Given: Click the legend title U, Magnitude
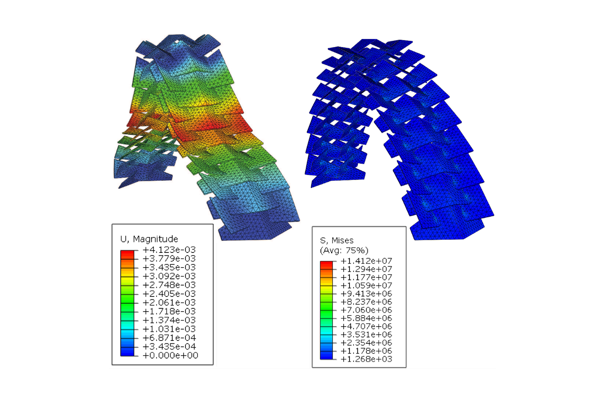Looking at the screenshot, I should pos(149,239).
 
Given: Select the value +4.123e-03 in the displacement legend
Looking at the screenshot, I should pos(169,250).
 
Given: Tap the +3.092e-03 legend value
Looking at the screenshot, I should pos(169,276).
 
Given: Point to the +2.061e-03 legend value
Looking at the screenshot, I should pos(169,303).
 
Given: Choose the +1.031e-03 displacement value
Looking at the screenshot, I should pos(169,329).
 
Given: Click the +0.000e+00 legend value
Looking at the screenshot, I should pos(170,355).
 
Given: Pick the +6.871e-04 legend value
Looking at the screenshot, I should pos(169,338).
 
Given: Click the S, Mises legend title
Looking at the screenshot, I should pos(337,241).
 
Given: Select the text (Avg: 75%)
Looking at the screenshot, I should pos(344,251).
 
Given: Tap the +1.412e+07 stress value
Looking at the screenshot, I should pos(366,261).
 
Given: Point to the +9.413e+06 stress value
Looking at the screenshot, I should pos(366,294).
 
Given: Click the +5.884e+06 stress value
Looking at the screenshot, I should pos(366,318).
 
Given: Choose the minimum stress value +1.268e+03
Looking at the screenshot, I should pos(366,359).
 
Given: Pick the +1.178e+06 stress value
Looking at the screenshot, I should pos(366,351).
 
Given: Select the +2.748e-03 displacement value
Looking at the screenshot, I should pos(169,285).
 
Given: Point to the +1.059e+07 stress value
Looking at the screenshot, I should pos(366,286).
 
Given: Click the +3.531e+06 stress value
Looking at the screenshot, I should pos(366,335).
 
